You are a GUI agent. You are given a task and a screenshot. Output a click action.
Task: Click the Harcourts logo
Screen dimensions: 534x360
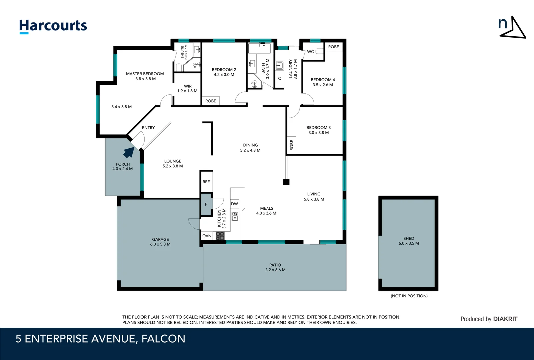pyautogui.click(x=53, y=26)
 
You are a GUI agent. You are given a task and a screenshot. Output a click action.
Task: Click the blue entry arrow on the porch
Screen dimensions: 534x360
pyautogui.click(x=129, y=152)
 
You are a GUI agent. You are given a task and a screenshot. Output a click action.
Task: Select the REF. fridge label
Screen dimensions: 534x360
pyautogui.click(x=206, y=182)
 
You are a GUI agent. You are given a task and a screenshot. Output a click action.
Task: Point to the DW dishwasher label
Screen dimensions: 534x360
pyautogui.click(x=234, y=204)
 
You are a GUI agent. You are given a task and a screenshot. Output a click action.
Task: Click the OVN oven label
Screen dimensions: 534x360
pyautogui.click(x=207, y=236)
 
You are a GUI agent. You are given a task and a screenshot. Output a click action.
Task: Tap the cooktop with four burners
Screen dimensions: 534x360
pyautogui.click(x=220, y=236)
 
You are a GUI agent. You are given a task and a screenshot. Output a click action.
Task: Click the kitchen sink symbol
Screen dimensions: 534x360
pyautogui.click(x=235, y=216)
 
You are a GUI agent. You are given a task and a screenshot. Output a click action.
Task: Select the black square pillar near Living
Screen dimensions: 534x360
pyautogui.click(x=286, y=182)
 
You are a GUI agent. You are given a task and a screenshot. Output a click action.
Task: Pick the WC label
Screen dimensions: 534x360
pyautogui.click(x=310, y=52)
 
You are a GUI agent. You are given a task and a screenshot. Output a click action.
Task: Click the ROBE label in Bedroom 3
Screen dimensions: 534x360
pyautogui.click(x=292, y=145)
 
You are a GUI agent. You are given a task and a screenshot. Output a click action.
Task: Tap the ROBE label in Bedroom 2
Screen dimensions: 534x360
pyautogui.click(x=211, y=101)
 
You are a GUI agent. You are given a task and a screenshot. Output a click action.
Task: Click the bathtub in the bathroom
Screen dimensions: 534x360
pyautogui.click(x=260, y=48)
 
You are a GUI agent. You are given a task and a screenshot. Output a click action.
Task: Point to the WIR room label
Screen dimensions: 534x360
pyautogui.click(x=187, y=86)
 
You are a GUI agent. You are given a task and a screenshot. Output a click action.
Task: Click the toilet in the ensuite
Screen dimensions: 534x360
pyautogui.click(x=179, y=68)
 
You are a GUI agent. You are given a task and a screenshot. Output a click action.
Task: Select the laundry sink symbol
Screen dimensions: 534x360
pyautogui.click(x=279, y=65)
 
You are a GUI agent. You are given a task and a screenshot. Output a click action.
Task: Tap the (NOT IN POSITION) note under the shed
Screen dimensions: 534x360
pyautogui.click(x=409, y=296)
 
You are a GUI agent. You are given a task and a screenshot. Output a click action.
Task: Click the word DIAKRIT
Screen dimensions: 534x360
pyautogui.click(x=505, y=319)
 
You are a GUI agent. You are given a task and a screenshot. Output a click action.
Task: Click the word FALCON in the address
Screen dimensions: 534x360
pyautogui.click(x=163, y=339)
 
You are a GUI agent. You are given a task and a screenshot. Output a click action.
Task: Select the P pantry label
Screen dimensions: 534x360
pyautogui.click(x=206, y=204)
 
